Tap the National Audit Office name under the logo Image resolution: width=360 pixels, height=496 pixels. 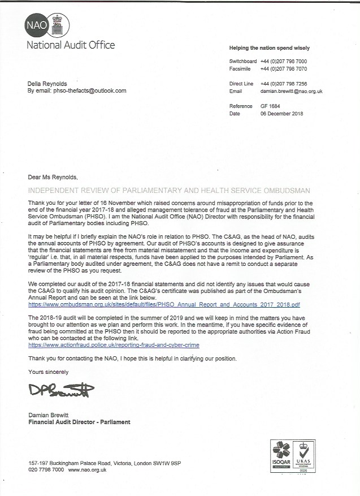(70, 45)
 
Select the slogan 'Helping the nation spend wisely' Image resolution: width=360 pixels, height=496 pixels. (269, 48)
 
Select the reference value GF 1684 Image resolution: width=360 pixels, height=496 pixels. (271, 106)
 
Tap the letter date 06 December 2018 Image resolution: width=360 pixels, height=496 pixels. (282, 113)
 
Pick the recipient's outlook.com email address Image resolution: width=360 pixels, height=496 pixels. (90, 90)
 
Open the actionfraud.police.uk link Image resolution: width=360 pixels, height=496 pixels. (114, 344)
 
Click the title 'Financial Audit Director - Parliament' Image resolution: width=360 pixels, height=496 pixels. (79, 422)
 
